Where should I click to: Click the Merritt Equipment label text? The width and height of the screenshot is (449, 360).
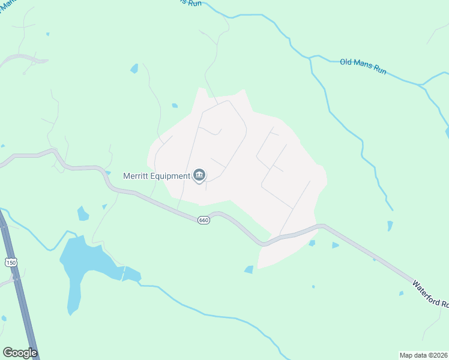coord(157,176)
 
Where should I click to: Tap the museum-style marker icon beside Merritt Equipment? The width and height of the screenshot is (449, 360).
coord(199,175)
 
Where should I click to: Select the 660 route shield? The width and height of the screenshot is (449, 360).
coord(203,220)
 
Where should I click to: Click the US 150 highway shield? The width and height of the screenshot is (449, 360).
coord(10,262)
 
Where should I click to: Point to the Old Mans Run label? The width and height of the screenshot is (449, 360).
coord(363,66)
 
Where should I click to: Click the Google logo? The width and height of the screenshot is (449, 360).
coord(20,353)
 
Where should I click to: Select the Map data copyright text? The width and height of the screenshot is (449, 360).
coord(424,355)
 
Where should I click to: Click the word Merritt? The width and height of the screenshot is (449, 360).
coord(137,176)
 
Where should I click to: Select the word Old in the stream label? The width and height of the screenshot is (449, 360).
coord(346,62)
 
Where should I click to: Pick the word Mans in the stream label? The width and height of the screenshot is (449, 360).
coord(363,66)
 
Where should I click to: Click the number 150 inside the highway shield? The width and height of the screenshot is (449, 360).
coord(10,263)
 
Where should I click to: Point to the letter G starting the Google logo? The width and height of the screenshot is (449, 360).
coord(8,352)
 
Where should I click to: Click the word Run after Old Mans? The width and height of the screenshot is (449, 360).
coord(380,70)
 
